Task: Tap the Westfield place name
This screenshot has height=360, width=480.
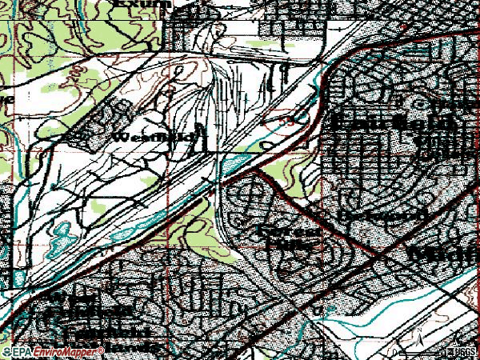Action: point(153,138)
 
